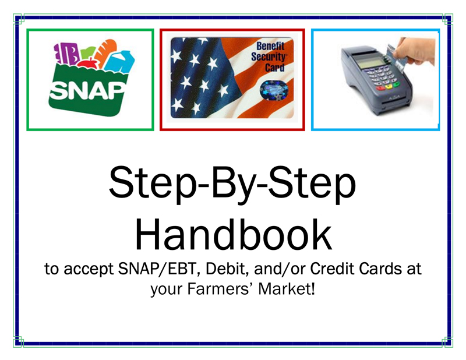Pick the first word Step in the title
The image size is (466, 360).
[x=149, y=185]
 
